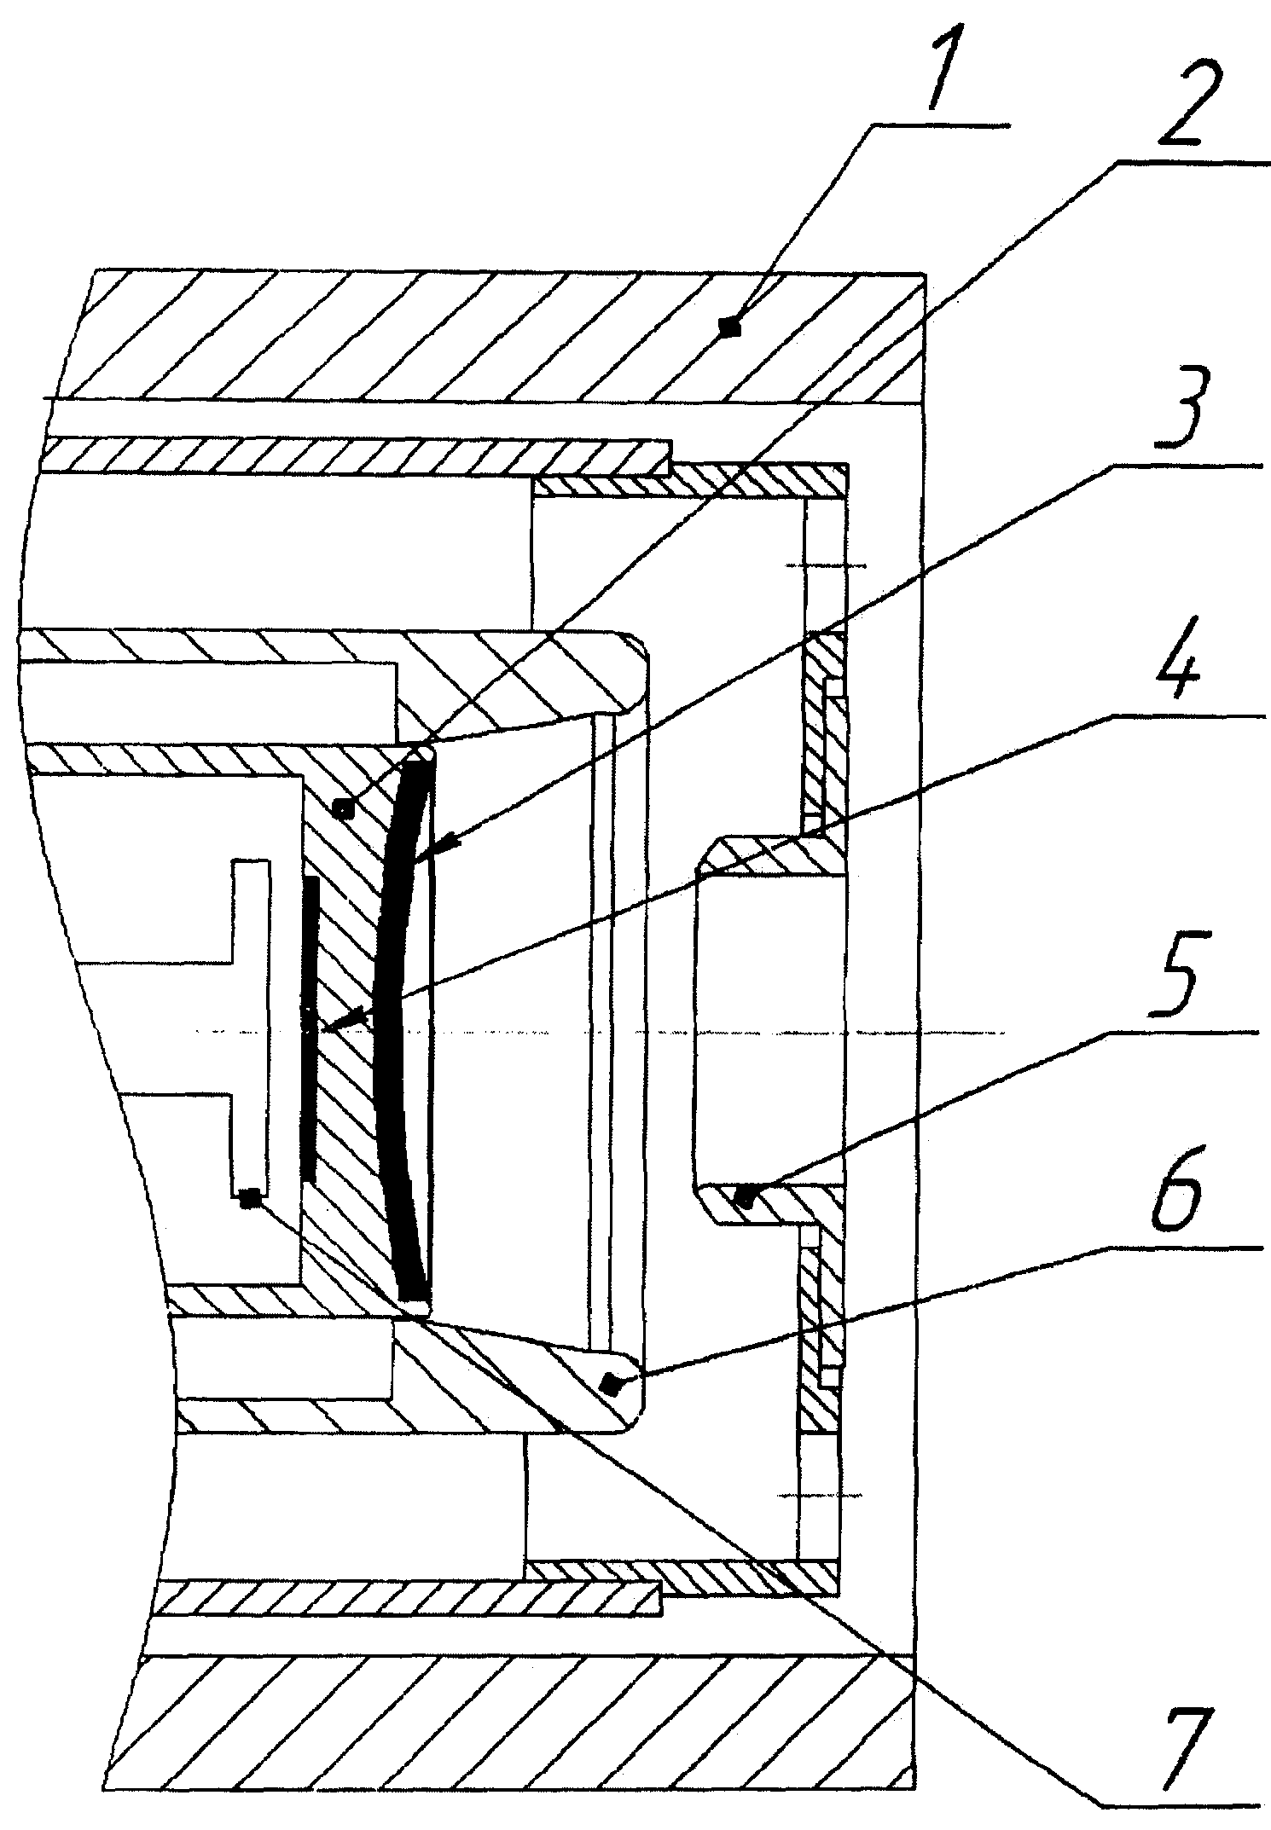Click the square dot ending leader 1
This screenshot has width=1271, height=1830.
coord(728,326)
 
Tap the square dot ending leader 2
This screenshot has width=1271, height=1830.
coord(343,808)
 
